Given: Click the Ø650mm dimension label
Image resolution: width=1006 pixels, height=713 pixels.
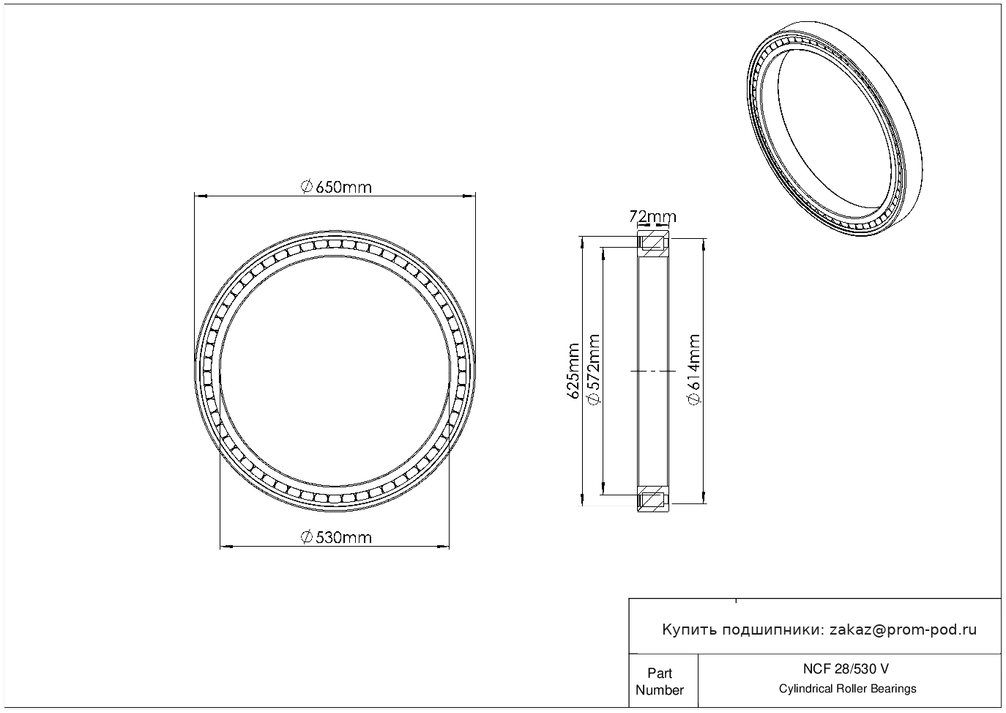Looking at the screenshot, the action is [x=336, y=187].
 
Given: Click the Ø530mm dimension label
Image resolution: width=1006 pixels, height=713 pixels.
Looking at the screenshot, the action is [x=336, y=537].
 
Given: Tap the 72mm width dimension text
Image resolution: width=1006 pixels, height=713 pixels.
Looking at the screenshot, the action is [x=652, y=217].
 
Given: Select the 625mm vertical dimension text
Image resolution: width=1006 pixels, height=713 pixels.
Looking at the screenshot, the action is [x=573, y=371].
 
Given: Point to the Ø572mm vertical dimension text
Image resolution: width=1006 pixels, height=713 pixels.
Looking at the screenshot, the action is [x=593, y=370].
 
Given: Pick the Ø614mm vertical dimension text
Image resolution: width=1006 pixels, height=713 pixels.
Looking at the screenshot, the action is [x=694, y=370].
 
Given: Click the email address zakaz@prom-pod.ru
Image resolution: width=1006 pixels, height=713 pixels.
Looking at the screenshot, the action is [x=903, y=630].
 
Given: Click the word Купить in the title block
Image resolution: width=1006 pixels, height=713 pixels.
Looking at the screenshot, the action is [x=690, y=630].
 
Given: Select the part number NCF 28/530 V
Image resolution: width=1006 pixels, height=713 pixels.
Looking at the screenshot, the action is [x=846, y=669].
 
